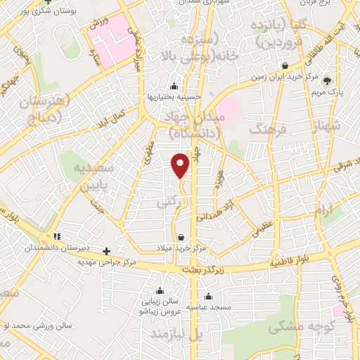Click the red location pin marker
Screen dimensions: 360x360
pyautogui.click(x=180, y=165)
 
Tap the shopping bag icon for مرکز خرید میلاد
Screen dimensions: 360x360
pyautogui.click(x=182, y=237)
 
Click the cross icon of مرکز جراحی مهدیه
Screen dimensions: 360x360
pyautogui.click(x=106, y=250)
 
